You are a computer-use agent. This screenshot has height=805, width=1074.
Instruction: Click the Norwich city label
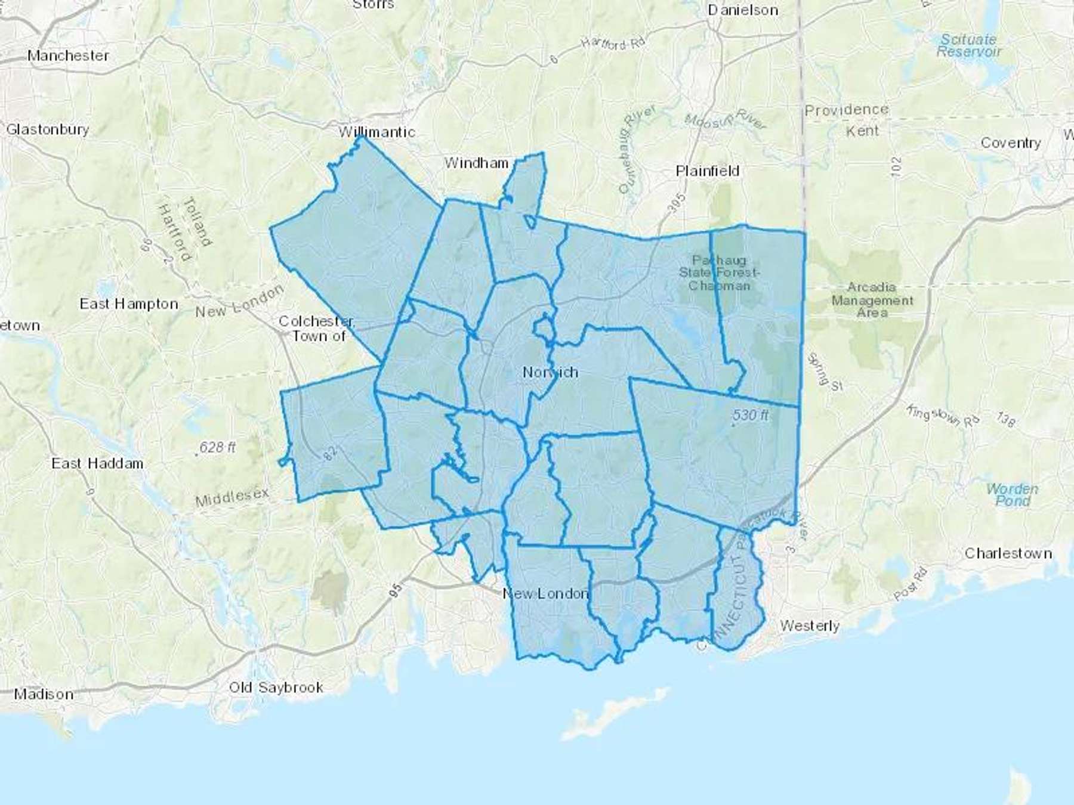click(x=550, y=372)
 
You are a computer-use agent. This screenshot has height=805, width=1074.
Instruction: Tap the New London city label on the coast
click(x=545, y=593)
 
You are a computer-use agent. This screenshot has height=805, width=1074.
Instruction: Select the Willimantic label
click(x=376, y=132)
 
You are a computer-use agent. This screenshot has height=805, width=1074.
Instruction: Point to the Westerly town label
click(x=810, y=626)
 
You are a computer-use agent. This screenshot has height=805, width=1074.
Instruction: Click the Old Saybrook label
click(x=276, y=688)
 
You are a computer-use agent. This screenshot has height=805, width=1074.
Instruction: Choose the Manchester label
click(x=68, y=55)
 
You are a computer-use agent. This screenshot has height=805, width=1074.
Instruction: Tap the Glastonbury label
click(x=48, y=129)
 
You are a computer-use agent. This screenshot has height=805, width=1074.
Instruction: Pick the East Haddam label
click(x=97, y=463)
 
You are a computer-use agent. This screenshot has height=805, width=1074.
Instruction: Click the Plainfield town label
click(x=708, y=171)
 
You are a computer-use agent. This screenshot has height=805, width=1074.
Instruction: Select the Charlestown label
click(x=1008, y=553)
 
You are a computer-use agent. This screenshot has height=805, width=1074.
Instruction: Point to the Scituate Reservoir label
click(x=968, y=45)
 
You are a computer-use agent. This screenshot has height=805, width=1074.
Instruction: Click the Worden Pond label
click(x=1012, y=495)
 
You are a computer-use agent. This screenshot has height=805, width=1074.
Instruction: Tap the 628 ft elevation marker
click(x=217, y=447)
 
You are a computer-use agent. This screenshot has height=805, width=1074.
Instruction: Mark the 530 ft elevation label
click(x=751, y=415)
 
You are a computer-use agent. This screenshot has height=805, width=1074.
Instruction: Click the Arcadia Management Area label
click(x=872, y=300)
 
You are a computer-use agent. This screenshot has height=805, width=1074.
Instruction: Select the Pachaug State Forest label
click(x=719, y=273)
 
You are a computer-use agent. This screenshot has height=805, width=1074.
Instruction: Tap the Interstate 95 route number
click(x=395, y=590)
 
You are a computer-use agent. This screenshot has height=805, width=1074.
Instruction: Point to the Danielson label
click(x=743, y=10)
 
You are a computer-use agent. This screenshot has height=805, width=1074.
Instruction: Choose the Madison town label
click(x=44, y=694)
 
